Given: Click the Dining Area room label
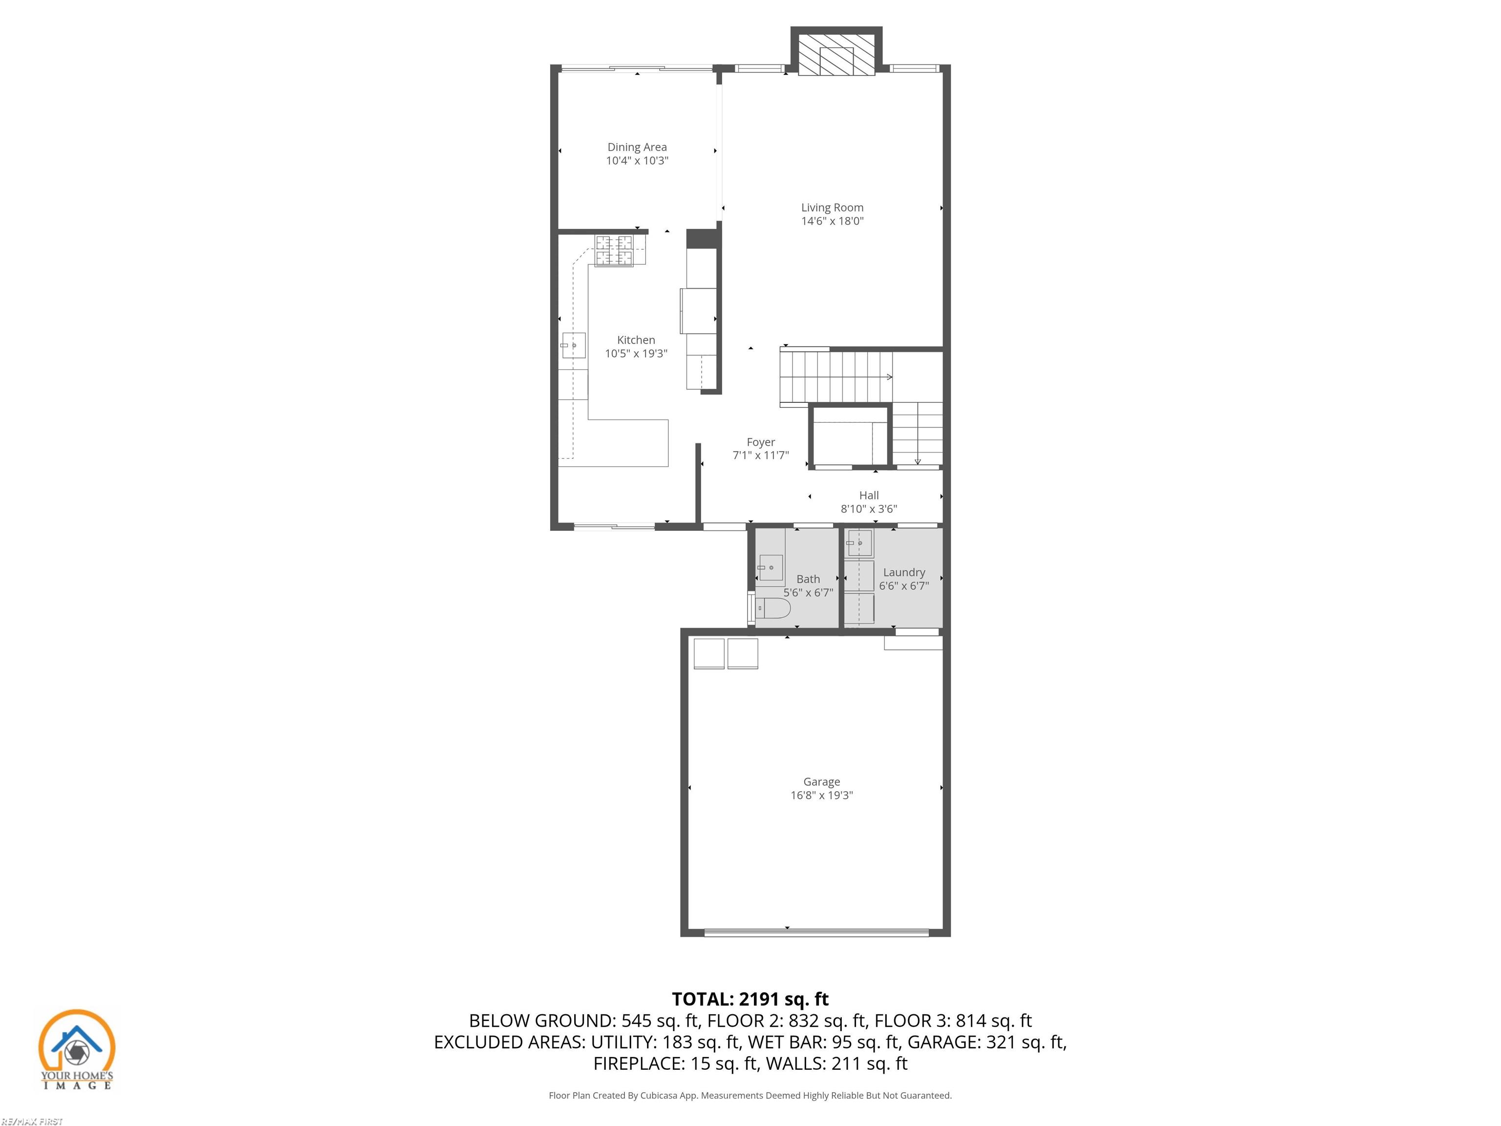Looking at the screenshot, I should coord(637,147).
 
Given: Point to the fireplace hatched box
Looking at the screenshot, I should coord(836,55).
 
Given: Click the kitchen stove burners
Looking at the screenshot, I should coord(614,250).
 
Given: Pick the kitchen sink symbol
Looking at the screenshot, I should coord(574,346).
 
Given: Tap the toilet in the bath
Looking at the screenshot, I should coord(772,609).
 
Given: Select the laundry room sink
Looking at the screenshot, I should coord(859,543).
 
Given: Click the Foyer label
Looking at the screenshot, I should coord(761,442).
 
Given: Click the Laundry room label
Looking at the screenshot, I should coord(904,572).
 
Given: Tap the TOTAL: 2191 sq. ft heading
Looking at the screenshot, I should coord(750,999).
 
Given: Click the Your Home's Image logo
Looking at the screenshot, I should coord(77,1049).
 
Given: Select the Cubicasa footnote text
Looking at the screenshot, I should coord(750,1095).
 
